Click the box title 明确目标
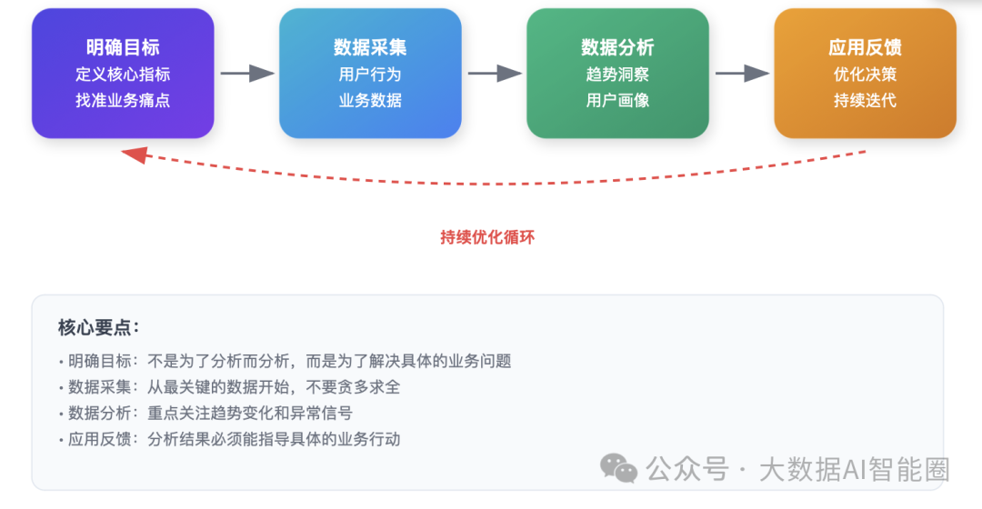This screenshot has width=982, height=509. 123,47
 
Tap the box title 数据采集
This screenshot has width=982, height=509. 370,47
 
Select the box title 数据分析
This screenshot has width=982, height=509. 617,47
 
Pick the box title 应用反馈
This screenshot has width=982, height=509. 865,47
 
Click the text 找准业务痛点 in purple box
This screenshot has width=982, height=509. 123,100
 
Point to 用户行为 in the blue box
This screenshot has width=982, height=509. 370,75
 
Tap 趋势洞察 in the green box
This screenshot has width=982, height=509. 617,75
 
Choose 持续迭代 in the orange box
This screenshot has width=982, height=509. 865,100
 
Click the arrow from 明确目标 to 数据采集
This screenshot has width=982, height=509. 247,74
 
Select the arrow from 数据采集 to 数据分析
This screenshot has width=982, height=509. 495,74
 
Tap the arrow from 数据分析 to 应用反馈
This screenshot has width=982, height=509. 742,74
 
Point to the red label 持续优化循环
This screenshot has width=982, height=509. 487,237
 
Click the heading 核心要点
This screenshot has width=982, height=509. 98,327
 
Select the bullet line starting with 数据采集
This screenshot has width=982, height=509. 229,387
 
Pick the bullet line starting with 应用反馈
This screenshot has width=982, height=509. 229,439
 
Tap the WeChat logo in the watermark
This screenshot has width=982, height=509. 619,468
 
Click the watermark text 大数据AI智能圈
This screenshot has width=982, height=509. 854,470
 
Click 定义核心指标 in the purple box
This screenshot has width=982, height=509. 123,75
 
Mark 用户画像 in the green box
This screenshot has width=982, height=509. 617,100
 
